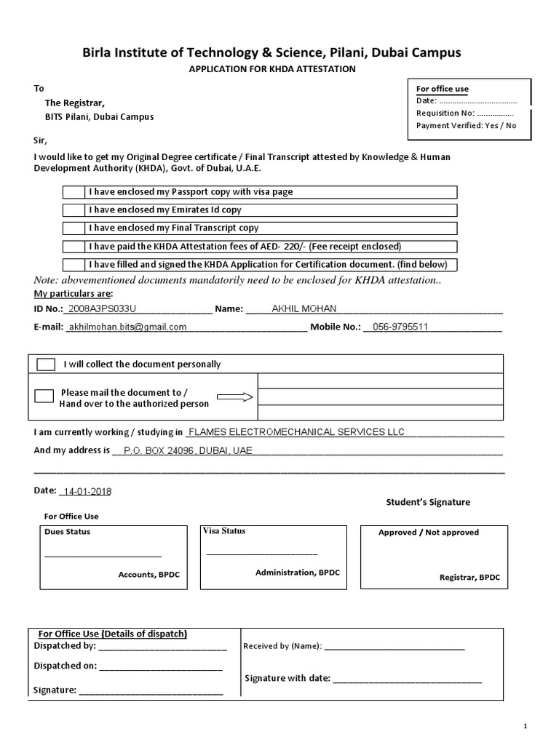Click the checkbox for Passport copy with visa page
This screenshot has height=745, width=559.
[x=74, y=193]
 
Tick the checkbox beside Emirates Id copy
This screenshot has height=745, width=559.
[x=74, y=210]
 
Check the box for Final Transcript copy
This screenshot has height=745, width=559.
[x=74, y=228]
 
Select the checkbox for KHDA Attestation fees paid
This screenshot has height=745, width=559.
[x=74, y=247]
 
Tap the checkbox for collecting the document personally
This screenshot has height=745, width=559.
[x=46, y=364]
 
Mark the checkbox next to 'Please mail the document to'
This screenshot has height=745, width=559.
[x=44, y=396]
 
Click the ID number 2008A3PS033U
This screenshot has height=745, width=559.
[x=101, y=308]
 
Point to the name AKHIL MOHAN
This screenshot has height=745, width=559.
[x=304, y=308]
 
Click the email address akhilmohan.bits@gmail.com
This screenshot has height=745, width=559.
[x=127, y=327]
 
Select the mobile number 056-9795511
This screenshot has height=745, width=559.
[x=400, y=327]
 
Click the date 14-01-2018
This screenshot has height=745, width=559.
[x=87, y=491]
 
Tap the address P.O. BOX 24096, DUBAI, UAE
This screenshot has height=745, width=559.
[x=188, y=451]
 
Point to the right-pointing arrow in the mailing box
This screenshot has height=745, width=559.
[x=234, y=397]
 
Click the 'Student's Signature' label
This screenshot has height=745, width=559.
[x=427, y=502]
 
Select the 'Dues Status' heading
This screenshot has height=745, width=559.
[x=68, y=532]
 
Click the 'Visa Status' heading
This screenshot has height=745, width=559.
[x=224, y=531]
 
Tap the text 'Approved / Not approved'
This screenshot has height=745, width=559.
[x=428, y=533]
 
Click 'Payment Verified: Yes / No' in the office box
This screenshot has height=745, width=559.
[x=466, y=125]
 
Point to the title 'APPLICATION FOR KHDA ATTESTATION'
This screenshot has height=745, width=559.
[x=271, y=69]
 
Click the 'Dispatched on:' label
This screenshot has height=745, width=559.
[x=65, y=666]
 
